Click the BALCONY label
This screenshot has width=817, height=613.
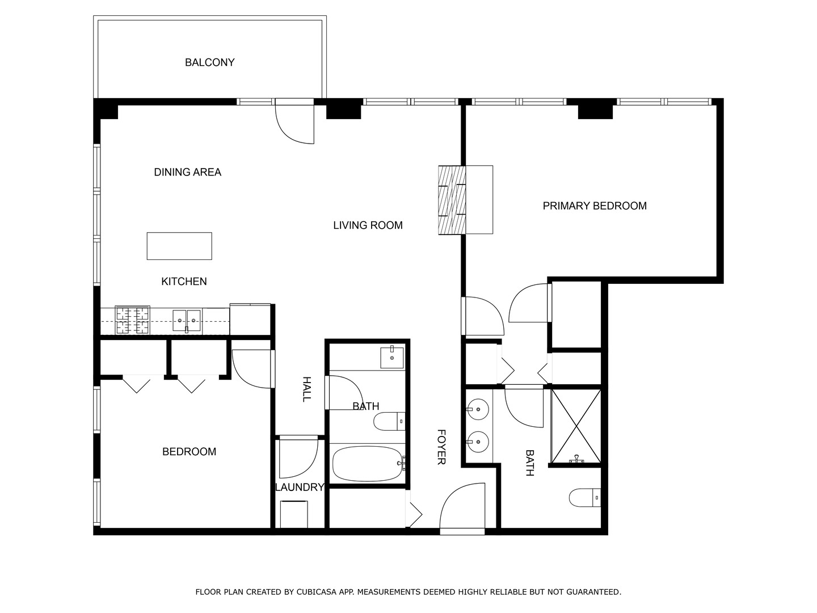point(209,62)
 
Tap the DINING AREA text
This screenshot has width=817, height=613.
point(187,172)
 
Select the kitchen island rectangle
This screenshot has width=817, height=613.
point(179,246)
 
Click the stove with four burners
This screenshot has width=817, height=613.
point(133,320)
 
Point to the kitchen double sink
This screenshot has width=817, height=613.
point(186,321)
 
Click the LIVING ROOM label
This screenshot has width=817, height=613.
point(368,225)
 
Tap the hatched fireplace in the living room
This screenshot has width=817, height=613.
point(452,200)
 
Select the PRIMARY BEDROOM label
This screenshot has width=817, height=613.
point(595,206)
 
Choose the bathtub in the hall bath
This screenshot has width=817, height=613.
point(368,463)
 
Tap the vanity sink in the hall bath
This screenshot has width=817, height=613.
point(392,357)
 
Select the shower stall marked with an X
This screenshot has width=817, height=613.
point(576,425)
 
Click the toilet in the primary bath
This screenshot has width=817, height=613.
point(585,498)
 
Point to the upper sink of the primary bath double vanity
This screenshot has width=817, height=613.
point(478,408)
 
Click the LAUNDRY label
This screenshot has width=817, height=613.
point(300,488)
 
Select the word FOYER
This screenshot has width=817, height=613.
point(441,447)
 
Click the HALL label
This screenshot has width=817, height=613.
point(306,389)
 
